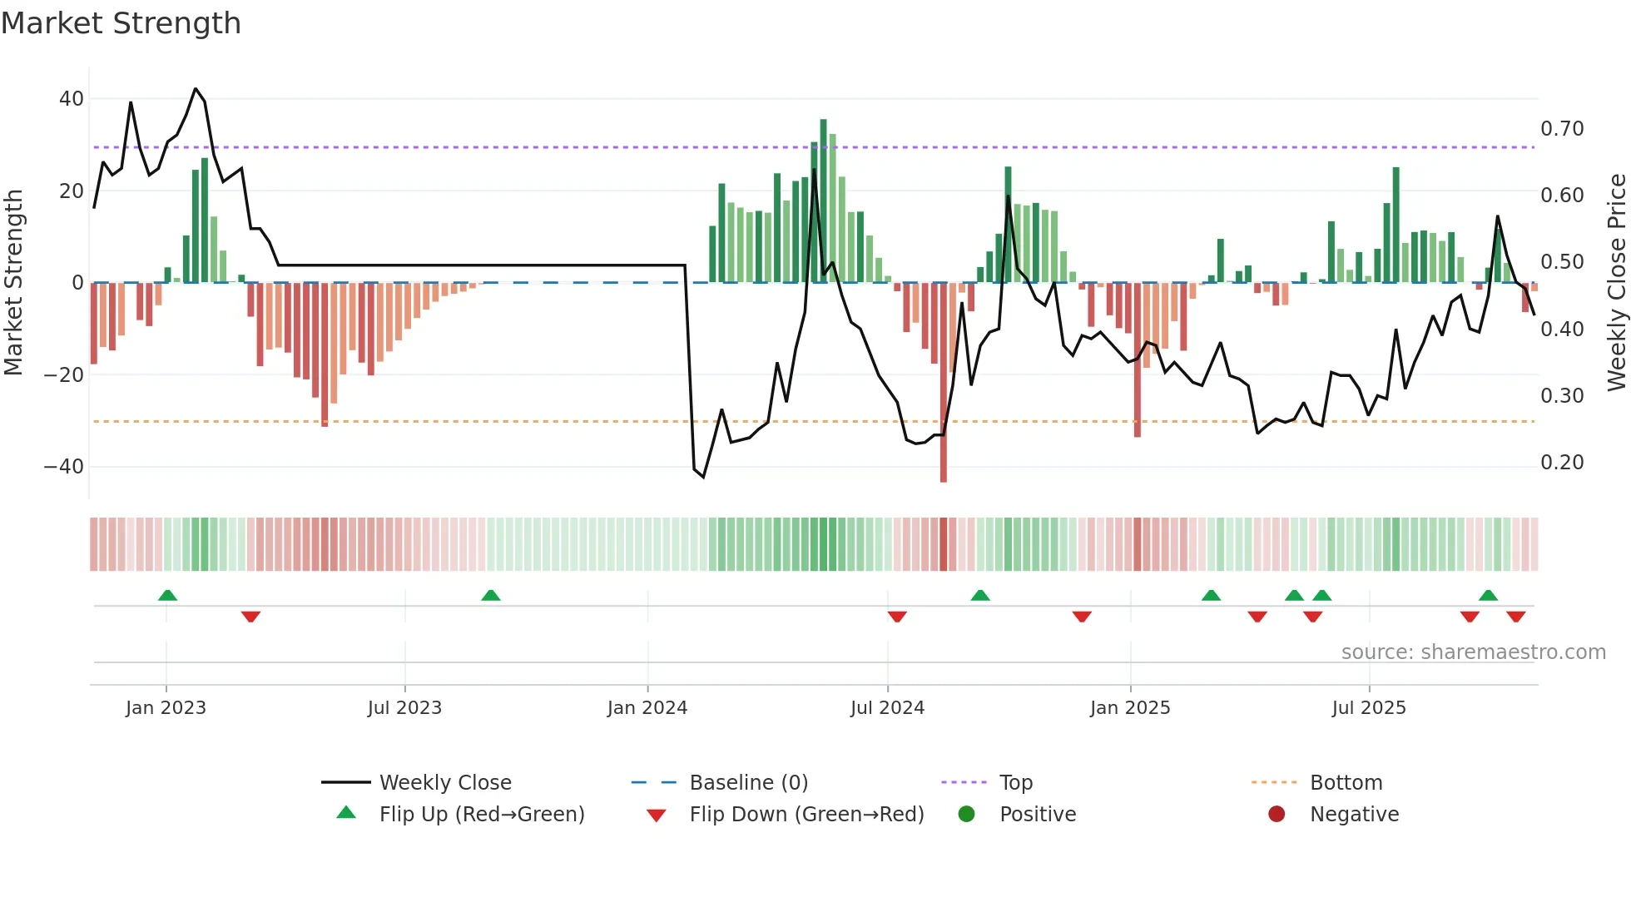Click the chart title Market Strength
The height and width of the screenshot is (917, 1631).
coord(121,23)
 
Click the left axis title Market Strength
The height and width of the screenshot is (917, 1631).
coord(13,282)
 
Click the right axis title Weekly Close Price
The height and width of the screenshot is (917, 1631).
coord(1616,282)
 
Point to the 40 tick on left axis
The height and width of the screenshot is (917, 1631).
coord(72,99)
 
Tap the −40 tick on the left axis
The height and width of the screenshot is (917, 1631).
coord(64,467)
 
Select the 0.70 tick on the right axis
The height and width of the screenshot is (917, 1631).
coord(1562,129)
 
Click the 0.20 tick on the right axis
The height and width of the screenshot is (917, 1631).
coord(1562,463)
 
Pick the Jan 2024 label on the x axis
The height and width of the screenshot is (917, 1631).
coord(647,708)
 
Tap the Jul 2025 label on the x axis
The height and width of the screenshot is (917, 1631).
coord(1369,708)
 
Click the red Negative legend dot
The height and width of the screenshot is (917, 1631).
coord(1277,814)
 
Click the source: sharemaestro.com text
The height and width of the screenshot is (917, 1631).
coord(1473,652)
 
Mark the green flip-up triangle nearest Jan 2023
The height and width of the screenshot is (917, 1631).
coord(167,595)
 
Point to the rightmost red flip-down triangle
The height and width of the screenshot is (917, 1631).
coord(1516,617)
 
